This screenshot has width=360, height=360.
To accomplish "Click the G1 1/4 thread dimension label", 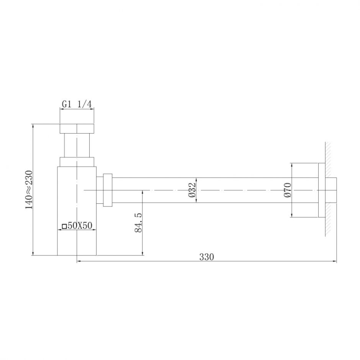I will click(77, 103).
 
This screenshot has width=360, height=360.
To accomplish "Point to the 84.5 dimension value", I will click(138, 223).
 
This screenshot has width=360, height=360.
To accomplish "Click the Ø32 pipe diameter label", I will click(192, 190).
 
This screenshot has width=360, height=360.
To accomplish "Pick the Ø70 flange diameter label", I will click(288, 190).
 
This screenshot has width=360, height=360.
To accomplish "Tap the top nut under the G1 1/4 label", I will click(77, 128).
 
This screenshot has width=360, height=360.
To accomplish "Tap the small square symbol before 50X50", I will click(64, 226).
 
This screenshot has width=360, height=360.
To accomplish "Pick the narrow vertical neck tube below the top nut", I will click(77, 145).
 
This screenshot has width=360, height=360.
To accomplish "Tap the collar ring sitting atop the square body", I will click(77, 162).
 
